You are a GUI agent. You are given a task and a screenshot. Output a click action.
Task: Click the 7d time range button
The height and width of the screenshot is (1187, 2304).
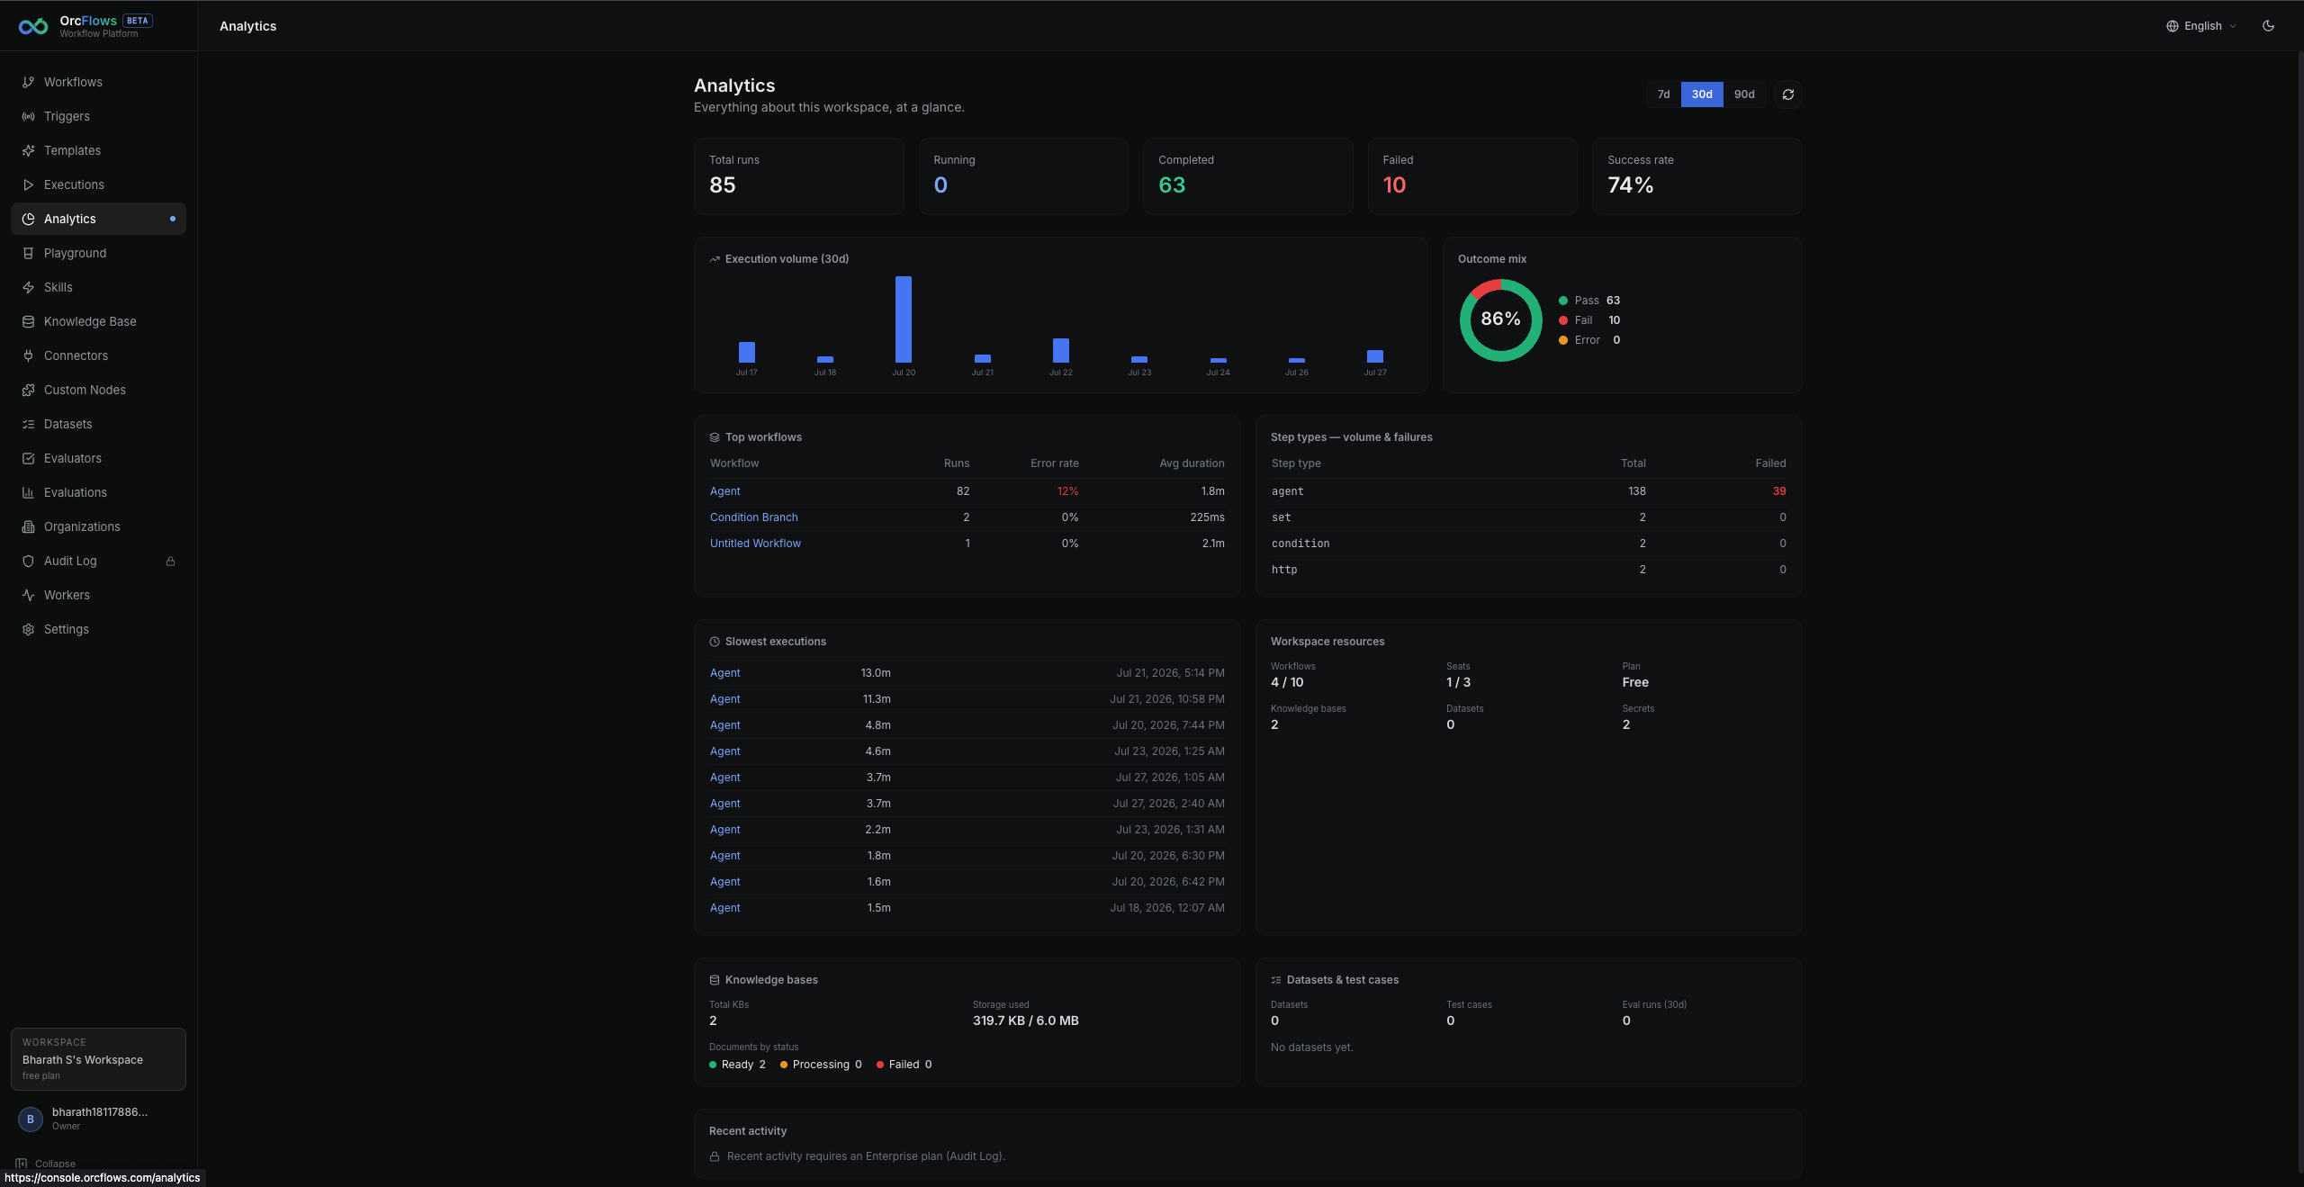(1663, 94)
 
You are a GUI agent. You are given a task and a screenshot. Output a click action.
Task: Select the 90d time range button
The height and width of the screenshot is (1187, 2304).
(1744, 94)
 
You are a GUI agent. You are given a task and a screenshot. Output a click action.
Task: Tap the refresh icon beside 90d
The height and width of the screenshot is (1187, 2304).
(1788, 94)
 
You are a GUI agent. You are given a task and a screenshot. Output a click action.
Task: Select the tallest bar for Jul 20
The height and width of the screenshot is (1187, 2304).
(904, 319)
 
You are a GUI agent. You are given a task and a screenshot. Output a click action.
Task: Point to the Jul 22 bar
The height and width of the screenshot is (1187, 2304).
(1061, 350)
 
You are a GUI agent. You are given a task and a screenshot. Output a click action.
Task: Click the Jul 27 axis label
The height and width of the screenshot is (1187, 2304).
(1375, 373)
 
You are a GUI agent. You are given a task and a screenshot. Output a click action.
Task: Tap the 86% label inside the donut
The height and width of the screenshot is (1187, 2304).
(1501, 319)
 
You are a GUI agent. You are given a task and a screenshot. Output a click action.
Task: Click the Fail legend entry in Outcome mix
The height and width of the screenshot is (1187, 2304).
(1589, 320)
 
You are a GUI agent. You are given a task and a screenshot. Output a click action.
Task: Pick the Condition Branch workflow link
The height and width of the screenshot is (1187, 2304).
(754, 517)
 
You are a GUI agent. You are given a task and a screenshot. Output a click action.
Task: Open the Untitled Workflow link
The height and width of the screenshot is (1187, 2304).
(755, 544)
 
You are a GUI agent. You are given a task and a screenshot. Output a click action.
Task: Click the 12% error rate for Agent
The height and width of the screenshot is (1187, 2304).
(1067, 491)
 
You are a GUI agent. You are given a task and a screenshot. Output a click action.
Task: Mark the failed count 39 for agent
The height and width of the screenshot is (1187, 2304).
(1779, 491)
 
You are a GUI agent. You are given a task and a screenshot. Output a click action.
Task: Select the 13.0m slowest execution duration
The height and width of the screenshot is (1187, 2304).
(876, 673)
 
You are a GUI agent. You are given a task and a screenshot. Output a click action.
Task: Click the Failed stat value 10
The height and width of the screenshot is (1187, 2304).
(1394, 185)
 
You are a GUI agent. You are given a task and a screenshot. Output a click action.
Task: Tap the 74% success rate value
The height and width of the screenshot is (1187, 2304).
(1631, 185)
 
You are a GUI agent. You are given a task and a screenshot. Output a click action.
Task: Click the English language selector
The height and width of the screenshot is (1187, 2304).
(2201, 26)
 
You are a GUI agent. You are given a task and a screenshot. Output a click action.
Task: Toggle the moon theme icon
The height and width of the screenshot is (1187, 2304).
(2269, 26)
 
